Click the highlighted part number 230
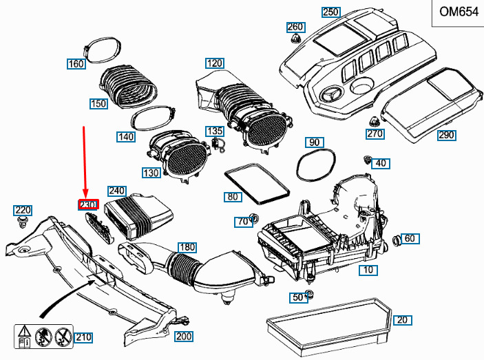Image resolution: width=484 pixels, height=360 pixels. pos(89,204)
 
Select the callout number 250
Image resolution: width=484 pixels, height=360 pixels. pos(331,12)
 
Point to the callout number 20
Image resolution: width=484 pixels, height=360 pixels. pos(403,319)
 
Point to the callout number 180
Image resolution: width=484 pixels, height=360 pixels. pos(187,247)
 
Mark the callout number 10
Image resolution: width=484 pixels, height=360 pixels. pos(368,269)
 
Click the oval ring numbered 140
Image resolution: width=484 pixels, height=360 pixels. pos(153,118)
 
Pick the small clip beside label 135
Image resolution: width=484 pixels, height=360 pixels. pos(220,142)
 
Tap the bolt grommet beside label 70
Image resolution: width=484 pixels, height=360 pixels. pos(253,220)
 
